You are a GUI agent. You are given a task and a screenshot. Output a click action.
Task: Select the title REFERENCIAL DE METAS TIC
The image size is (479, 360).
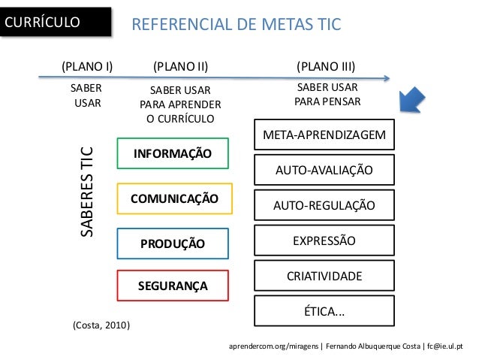[x=236, y=26]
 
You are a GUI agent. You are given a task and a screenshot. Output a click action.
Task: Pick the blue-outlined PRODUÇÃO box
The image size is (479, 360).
[x=173, y=243]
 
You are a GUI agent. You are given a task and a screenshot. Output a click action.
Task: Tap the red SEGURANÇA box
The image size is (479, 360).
[x=173, y=286]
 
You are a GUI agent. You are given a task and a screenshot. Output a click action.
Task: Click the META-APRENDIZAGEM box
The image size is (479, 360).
[x=324, y=135]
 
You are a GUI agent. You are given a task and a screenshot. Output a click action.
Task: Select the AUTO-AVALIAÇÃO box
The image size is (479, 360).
[x=324, y=171]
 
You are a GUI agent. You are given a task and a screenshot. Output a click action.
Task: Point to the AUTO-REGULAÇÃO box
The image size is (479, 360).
[x=324, y=205]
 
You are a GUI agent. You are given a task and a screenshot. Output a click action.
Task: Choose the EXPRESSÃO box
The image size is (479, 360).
[x=324, y=241]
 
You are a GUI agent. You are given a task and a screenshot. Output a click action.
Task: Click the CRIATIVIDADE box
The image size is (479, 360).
[x=324, y=277]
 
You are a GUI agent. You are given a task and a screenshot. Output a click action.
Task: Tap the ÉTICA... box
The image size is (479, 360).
[x=324, y=311]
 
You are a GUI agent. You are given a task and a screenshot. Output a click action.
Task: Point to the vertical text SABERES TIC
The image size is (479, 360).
[x=87, y=191]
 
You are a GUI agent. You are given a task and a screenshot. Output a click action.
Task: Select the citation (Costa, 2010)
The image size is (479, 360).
[x=101, y=325]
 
